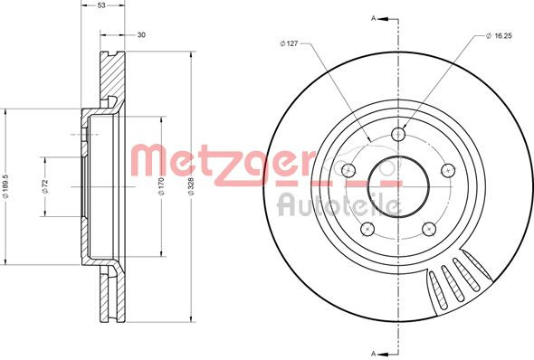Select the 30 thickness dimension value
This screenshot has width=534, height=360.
pos(141,35)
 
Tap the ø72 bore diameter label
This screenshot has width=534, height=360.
pos(43,186)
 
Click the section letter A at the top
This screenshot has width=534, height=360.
pos(372,16)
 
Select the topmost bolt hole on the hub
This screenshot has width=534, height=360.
pos(397,136)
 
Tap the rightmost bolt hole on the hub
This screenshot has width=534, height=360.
pos(445,169)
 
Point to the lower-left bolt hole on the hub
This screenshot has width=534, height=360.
pos(367,229)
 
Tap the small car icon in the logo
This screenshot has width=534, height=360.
pos(345,168)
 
